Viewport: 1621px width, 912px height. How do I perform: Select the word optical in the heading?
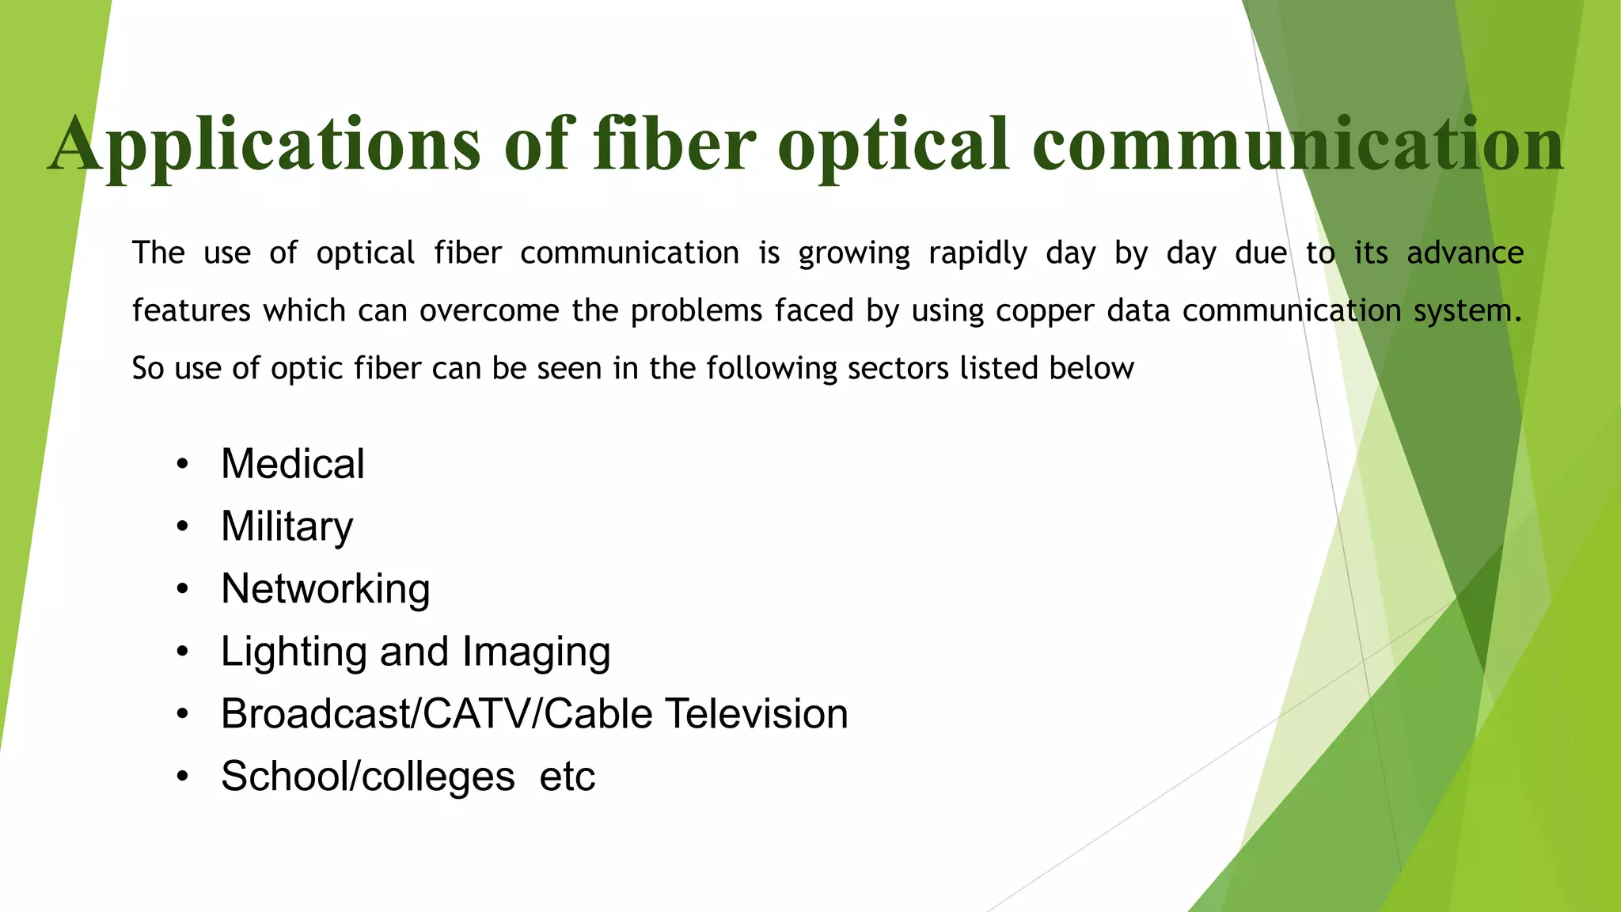894,144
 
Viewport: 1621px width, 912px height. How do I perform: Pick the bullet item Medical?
292,464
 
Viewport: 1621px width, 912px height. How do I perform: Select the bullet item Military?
287,527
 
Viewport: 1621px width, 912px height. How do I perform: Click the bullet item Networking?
325,590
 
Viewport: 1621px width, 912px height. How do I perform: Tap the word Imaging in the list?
536,652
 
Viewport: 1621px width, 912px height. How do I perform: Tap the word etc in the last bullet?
567,776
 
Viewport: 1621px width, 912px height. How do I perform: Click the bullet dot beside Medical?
183,465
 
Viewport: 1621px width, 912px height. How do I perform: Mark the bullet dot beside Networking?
183,590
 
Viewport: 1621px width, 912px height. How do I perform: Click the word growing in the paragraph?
854,254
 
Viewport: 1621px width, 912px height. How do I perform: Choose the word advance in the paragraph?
1465,253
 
